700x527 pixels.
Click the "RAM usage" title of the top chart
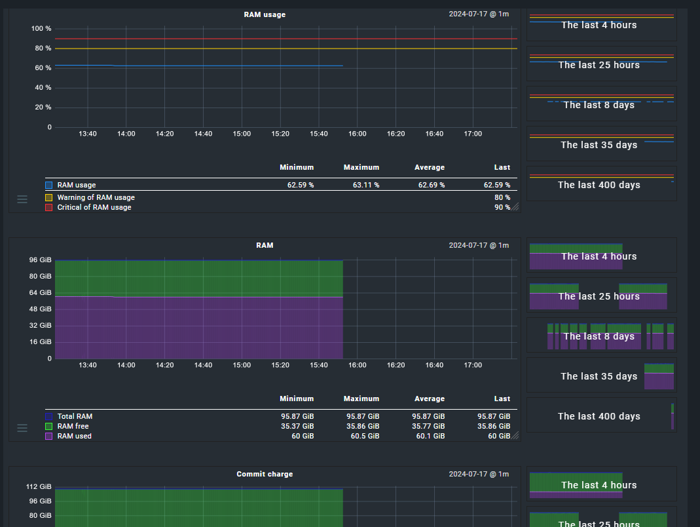tap(265, 14)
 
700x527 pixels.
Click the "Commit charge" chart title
tap(265, 474)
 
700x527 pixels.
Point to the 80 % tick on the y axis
tap(43, 49)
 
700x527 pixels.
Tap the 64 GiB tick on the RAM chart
tap(41, 292)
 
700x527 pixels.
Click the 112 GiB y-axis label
tap(39, 486)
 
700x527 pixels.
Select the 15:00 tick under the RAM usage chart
tap(242, 134)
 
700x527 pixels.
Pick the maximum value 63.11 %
tap(366, 185)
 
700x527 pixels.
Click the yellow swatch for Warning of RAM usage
tap(48, 197)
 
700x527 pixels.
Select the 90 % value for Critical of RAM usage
tap(502, 207)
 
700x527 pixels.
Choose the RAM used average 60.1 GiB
tap(430, 436)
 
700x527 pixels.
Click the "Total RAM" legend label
tap(75, 416)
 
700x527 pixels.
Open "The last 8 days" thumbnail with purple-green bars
tap(601, 336)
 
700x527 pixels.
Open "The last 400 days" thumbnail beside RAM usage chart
tap(601, 185)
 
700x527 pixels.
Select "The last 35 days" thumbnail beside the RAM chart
tap(601, 376)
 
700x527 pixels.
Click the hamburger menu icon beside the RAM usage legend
tap(22, 199)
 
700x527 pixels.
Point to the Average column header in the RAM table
tap(430, 399)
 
